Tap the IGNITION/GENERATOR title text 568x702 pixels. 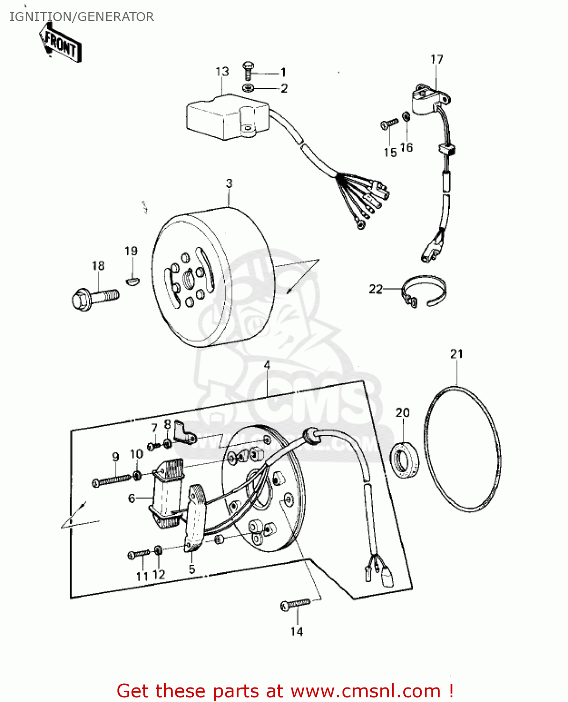tap(81, 17)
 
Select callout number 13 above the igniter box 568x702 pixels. tap(222, 72)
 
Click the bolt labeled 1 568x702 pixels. tap(248, 71)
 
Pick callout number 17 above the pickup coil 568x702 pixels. tap(437, 59)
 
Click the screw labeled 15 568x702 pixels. tap(389, 124)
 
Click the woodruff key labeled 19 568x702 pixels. tap(132, 280)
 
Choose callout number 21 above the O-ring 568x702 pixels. tap(457, 354)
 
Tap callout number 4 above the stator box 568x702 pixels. tap(267, 365)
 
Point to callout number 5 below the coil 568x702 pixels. tap(192, 570)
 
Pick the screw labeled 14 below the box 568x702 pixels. tap(295, 605)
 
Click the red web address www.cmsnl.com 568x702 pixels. tap(365, 691)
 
